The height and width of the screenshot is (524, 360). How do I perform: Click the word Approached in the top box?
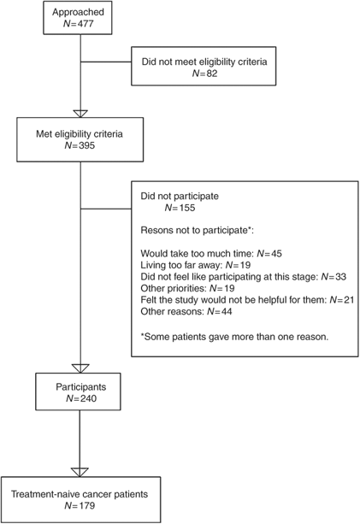pyautogui.click(x=78, y=12)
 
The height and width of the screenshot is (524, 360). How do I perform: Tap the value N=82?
pyautogui.click(x=204, y=74)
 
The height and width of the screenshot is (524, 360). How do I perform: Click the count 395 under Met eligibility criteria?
pyautogui.click(x=86, y=145)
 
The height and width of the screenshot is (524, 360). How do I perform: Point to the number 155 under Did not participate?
pyautogui.click(x=186, y=208)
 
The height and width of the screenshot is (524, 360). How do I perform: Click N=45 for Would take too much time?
pyautogui.click(x=269, y=254)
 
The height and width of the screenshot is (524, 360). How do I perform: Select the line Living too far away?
pyautogui.click(x=196, y=265)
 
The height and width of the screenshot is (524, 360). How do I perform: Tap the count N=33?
pyautogui.click(x=333, y=277)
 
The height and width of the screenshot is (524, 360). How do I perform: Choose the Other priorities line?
pyautogui.click(x=187, y=288)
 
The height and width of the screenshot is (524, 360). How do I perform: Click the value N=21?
pyautogui.click(x=342, y=300)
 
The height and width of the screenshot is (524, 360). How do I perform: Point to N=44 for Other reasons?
pyautogui.click(x=219, y=311)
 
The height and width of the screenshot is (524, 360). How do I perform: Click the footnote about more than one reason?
pyautogui.click(x=234, y=337)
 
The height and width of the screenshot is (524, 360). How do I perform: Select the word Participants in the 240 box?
pyautogui.click(x=81, y=387)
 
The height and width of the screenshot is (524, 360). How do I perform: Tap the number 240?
pyautogui.click(x=87, y=398)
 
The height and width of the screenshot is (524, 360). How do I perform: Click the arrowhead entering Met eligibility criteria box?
pyautogui.click(x=80, y=114)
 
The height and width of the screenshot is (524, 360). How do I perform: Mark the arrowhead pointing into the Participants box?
pyautogui.click(x=80, y=368)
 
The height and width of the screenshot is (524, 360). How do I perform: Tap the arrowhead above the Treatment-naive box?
pyautogui.click(x=80, y=472)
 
